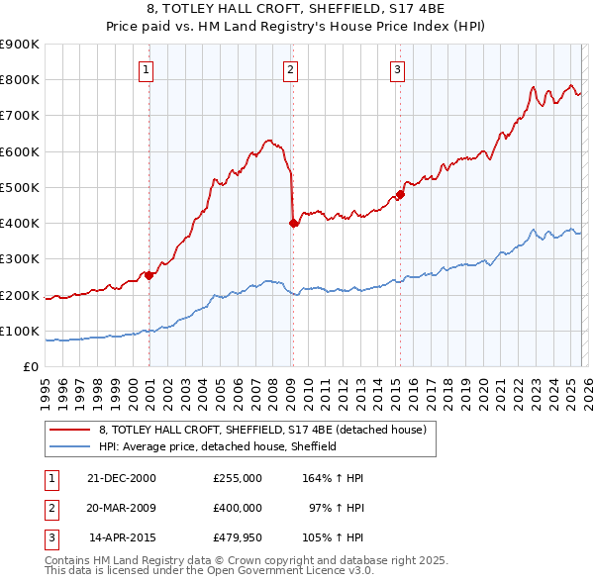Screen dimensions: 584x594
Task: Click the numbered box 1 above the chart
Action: click(146, 69)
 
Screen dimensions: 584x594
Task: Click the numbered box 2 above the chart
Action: click(290, 69)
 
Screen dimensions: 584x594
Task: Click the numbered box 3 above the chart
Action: click(396, 69)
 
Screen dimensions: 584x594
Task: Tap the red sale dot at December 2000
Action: click(149, 275)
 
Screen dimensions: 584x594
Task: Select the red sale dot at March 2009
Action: click(293, 224)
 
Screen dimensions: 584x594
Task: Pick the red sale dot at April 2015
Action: click(401, 194)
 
